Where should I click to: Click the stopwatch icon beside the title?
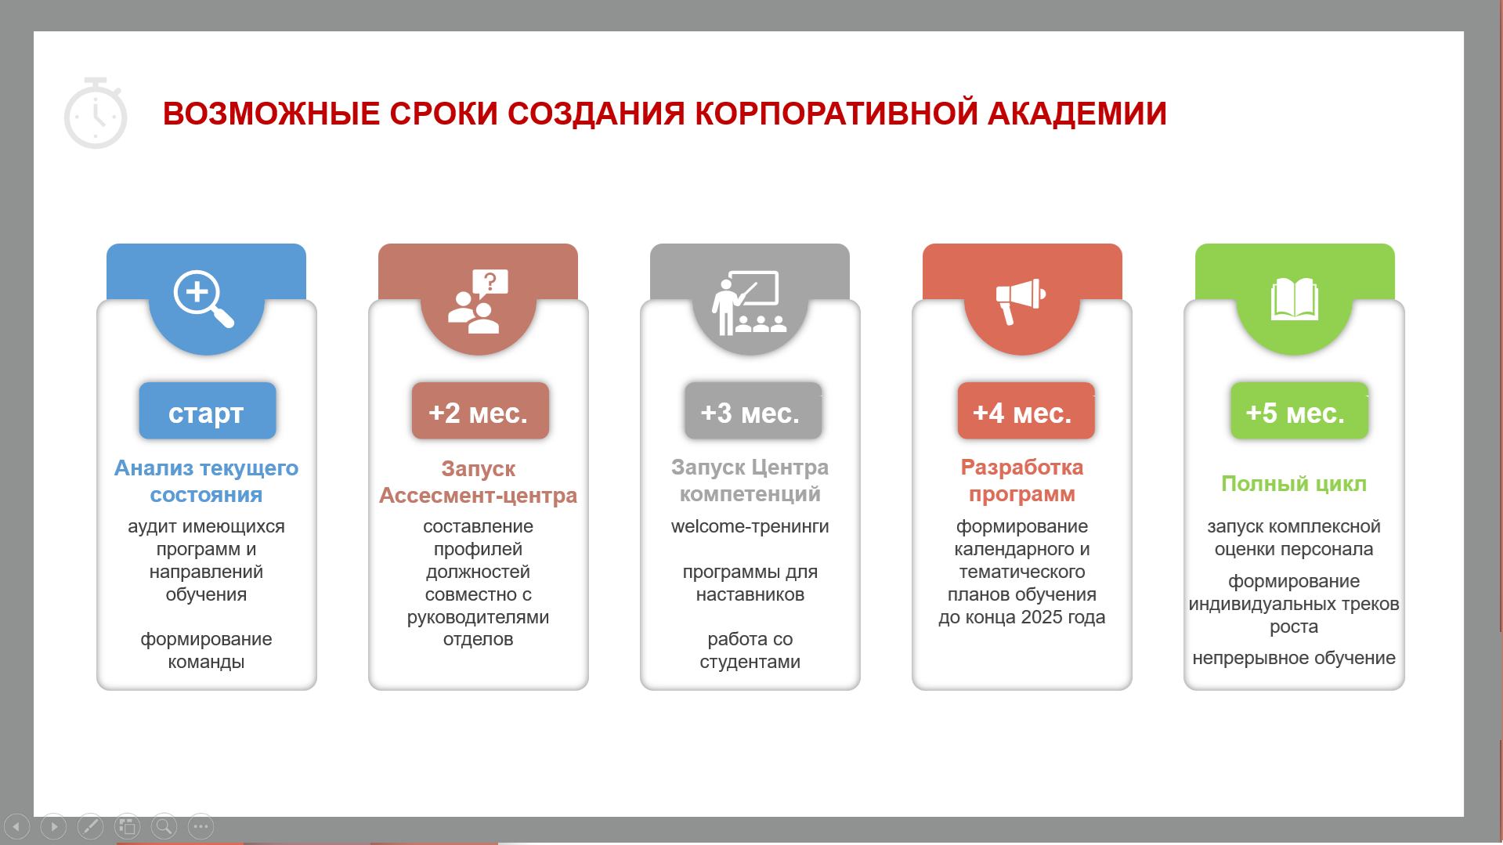(x=96, y=113)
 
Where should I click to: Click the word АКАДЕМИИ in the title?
(x=1077, y=114)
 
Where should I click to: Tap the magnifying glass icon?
(x=204, y=299)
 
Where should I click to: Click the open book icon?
(x=1294, y=299)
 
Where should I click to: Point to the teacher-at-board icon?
(x=750, y=302)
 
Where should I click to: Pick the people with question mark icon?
(x=478, y=302)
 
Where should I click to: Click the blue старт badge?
(x=207, y=411)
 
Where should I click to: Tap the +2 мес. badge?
(x=479, y=411)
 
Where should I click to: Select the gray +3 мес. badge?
(x=752, y=411)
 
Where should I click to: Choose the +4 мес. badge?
(x=1024, y=411)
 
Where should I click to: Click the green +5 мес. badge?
(x=1299, y=411)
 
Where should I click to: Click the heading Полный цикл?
(x=1294, y=484)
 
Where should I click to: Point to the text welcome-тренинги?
(x=750, y=526)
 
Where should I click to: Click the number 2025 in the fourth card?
(x=1041, y=617)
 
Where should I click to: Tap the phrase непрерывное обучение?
(x=1294, y=658)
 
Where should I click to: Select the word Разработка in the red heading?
(x=1022, y=468)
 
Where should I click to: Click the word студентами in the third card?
(x=750, y=662)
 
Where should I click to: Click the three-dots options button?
(x=201, y=826)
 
